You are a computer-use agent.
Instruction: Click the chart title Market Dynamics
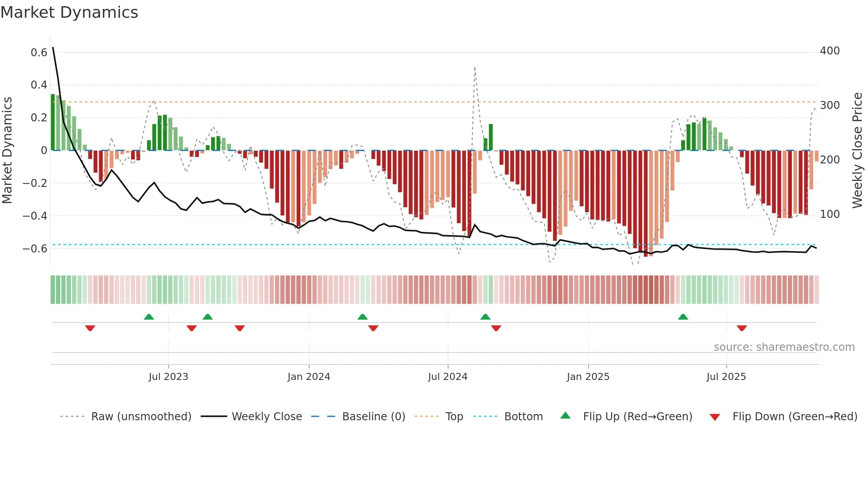69,12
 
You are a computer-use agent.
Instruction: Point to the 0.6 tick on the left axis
39,53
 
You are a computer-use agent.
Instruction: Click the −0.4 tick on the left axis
35,216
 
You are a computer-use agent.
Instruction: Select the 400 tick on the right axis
829,51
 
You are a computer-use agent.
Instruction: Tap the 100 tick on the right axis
829,214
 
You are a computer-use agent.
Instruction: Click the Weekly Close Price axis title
857,150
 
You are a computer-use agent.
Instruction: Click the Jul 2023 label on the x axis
168,377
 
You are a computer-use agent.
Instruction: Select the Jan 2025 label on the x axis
588,377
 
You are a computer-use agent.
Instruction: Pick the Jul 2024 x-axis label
447,377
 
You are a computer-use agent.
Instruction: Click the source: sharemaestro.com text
784,347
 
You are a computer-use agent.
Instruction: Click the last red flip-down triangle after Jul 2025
742,328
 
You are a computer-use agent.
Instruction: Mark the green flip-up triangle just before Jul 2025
683,317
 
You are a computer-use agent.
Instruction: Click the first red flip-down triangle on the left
90,328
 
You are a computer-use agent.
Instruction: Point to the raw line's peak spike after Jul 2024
475,67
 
